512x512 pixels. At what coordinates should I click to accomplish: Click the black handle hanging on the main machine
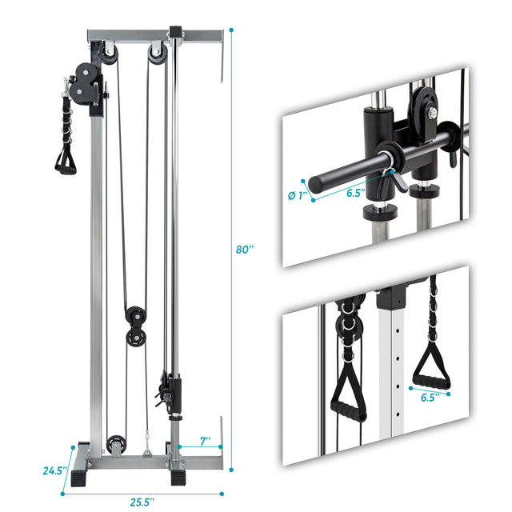point(64,161)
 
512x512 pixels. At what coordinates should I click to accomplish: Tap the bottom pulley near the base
point(118,443)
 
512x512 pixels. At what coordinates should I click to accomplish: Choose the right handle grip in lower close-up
point(431,376)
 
